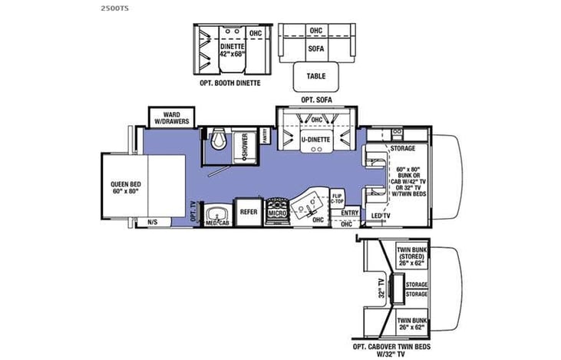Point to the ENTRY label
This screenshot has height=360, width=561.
click(350, 213)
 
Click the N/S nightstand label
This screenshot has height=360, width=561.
click(152, 223)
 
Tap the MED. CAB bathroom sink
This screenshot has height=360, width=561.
click(217, 223)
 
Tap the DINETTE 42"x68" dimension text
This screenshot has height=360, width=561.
click(223, 51)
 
